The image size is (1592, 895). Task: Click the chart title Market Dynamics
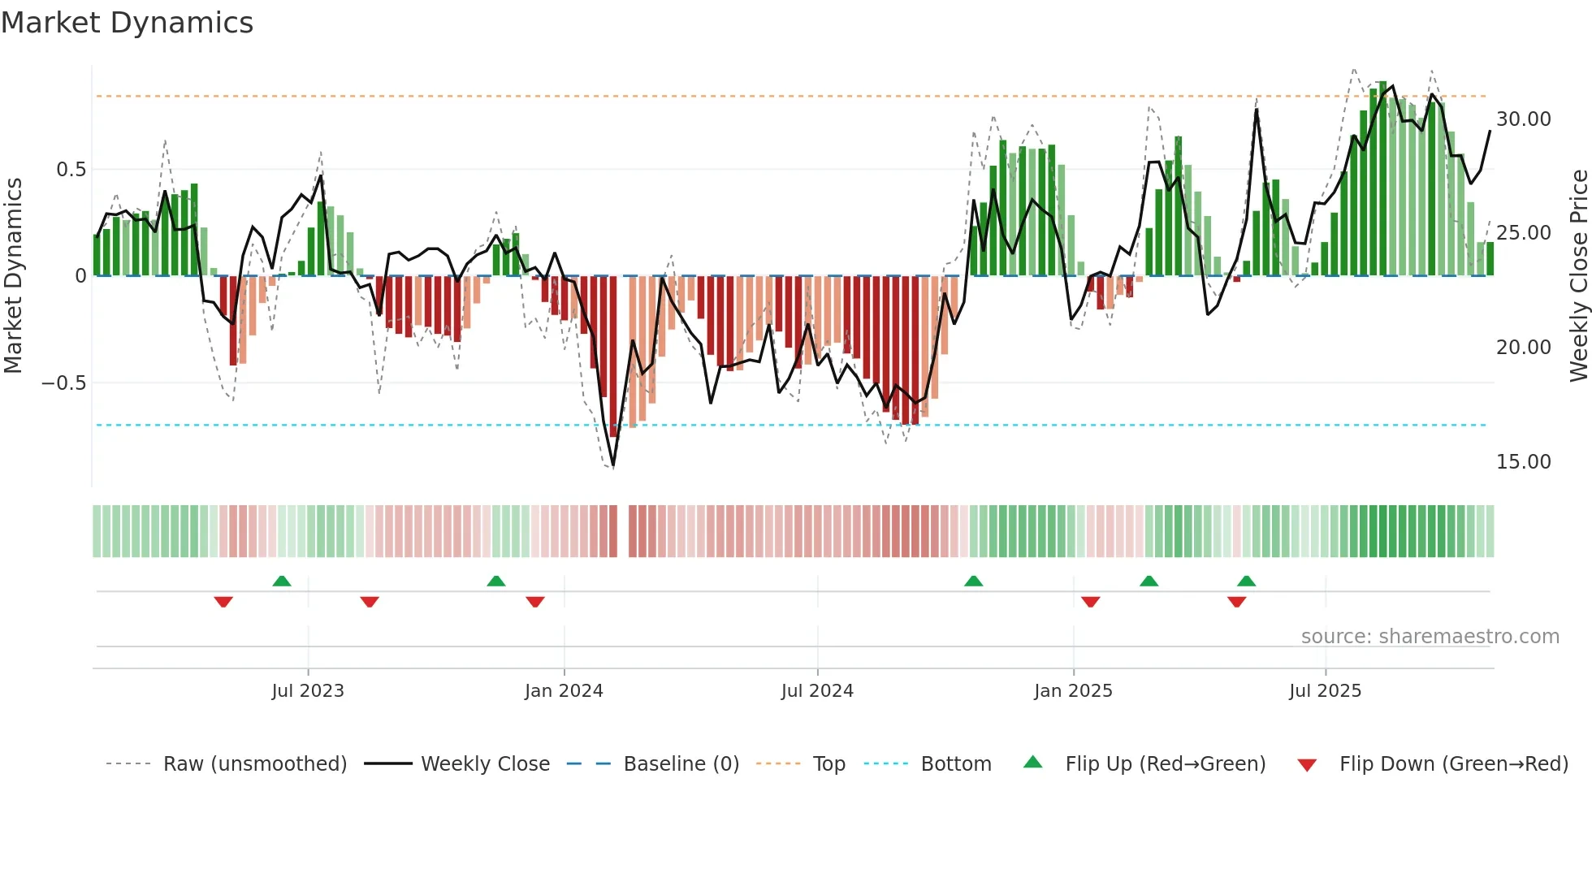click(127, 23)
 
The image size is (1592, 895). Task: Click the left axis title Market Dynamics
click(14, 275)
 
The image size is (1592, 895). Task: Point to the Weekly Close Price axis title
click(1578, 275)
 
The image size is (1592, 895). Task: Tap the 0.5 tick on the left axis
click(71, 170)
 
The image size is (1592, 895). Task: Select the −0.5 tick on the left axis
click(64, 383)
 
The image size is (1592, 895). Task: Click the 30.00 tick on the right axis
click(1523, 119)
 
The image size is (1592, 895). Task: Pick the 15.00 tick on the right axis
click(1523, 462)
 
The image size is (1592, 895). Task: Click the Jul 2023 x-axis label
click(308, 691)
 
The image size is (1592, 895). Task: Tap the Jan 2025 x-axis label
click(1073, 691)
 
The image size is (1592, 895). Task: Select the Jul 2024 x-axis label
click(817, 691)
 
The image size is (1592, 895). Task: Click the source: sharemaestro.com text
click(1430, 637)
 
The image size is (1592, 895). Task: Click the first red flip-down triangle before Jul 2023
click(223, 601)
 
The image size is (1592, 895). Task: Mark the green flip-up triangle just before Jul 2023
click(282, 582)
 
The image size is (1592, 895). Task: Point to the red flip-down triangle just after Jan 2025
click(1091, 601)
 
